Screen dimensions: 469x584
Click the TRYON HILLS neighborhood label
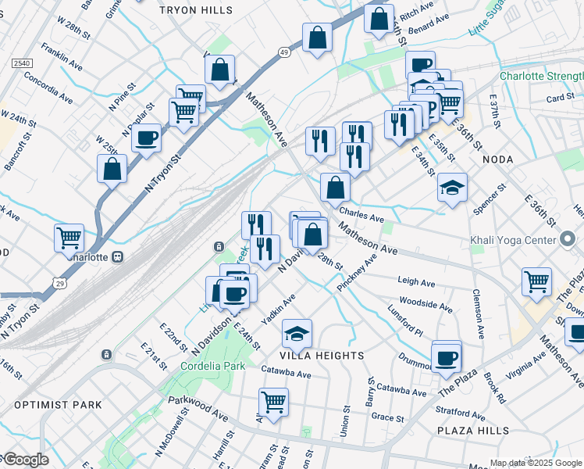point(195,10)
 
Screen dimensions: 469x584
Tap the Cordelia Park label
point(212,365)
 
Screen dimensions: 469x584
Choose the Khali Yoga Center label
point(512,240)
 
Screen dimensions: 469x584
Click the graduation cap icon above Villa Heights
point(297,334)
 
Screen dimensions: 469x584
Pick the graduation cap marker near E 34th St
point(452,188)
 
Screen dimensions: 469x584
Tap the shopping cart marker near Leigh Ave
point(536,281)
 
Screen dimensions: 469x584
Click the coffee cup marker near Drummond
point(447,357)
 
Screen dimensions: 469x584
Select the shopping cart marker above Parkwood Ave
point(273,403)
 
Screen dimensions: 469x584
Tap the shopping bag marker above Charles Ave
point(335,188)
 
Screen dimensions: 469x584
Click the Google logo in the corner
point(25,460)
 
